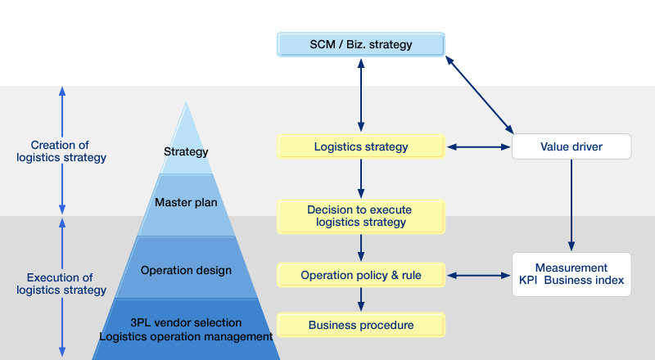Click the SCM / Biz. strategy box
click(361, 44)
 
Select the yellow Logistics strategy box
click(361, 146)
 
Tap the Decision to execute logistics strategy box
click(361, 216)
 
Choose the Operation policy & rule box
click(361, 275)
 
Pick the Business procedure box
click(361, 325)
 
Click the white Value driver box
click(571, 146)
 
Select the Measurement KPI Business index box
click(571, 274)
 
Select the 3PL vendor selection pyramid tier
click(187, 329)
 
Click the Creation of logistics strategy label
click(61, 151)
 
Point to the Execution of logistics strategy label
click(61, 284)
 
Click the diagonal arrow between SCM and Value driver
click(480, 95)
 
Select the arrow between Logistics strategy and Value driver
click(479, 147)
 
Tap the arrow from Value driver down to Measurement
click(571, 205)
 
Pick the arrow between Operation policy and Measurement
click(479, 275)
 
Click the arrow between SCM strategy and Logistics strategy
click(361, 95)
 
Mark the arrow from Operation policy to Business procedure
click(361, 299)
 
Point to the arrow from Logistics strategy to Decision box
click(361, 178)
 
